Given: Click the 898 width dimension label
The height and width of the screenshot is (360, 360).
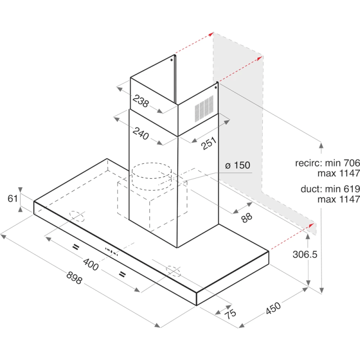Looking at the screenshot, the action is [74, 278].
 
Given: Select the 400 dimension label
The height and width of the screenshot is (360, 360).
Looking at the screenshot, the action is [91, 264].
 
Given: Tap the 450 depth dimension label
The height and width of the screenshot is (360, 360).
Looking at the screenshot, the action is [273, 308].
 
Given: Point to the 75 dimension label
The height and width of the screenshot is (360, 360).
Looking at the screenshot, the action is [230, 314].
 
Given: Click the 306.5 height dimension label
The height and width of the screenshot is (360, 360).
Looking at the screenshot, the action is [305, 254].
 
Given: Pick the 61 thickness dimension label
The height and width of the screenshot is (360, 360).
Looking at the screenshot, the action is [13, 198].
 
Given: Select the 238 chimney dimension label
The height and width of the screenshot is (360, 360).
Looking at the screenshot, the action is [141, 101].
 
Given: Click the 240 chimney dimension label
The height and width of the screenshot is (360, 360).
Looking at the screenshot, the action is [141, 133].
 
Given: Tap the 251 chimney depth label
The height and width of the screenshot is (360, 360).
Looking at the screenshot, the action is [209, 143].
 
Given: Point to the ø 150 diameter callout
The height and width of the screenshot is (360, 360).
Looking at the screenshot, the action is [238, 165].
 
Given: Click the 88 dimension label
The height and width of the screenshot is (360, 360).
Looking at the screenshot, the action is [247, 218].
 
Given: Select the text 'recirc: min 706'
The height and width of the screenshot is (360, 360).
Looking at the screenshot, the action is [328, 163].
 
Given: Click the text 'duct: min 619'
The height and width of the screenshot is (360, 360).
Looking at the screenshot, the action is [330, 189].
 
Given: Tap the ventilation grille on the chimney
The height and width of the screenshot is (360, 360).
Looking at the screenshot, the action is [204, 109].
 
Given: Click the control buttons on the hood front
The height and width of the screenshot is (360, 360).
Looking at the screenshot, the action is [112, 252].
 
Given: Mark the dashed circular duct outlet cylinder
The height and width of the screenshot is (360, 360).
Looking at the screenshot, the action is [152, 176].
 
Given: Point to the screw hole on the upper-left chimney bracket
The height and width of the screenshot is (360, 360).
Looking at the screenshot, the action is [171, 60].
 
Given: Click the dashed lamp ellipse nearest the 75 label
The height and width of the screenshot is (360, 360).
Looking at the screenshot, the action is [173, 271].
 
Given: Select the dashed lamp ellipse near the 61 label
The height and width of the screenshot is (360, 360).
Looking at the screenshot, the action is [77, 216].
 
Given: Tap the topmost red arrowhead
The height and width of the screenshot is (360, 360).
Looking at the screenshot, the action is [211, 35].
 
